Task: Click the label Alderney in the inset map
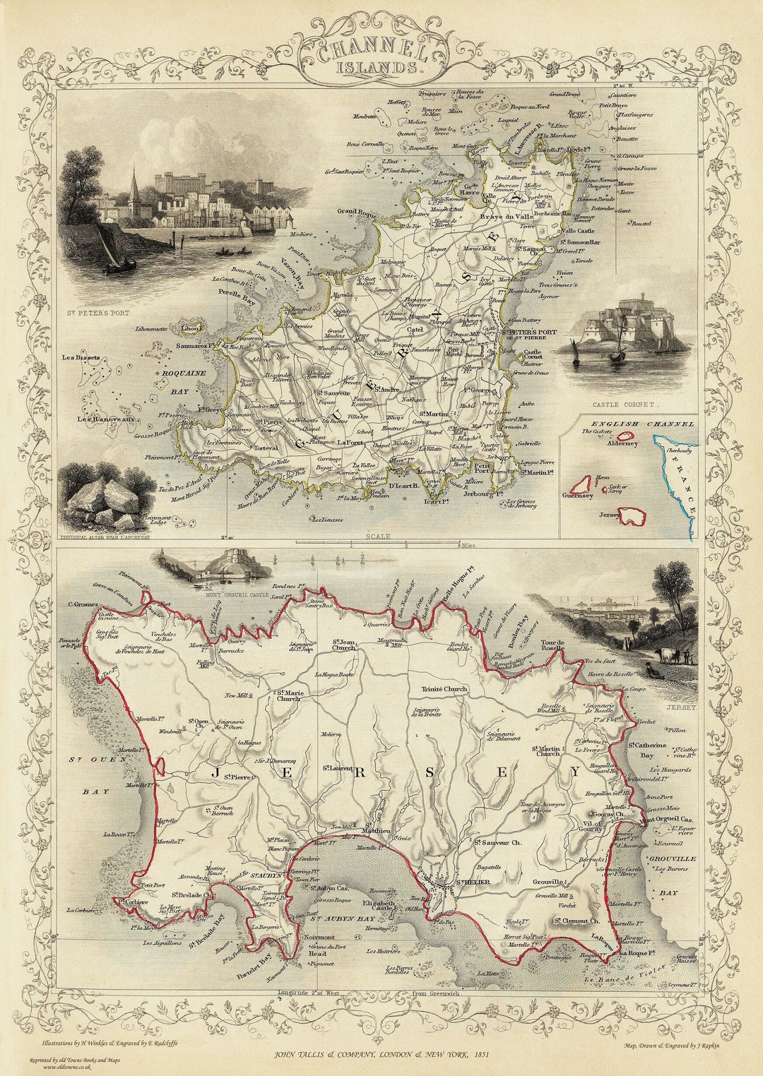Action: pyautogui.click(x=622, y=443)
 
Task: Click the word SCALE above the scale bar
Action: pyautogui.click(x=377, y=537)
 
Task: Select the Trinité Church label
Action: pyautogui.click(x=444, y=688)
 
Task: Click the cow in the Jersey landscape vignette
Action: pyautogui.click(x=665, y=654)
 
